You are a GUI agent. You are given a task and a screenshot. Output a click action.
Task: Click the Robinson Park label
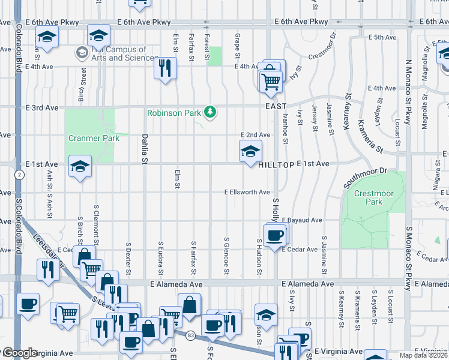174,112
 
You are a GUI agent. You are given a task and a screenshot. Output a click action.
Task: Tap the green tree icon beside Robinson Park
210,112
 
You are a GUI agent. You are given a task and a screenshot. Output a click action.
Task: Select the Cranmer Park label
94,138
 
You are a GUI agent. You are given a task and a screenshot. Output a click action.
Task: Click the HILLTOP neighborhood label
276,164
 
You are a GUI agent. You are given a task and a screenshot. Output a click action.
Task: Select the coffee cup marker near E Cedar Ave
275,235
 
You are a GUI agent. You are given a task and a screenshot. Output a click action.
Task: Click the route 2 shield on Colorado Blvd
19,175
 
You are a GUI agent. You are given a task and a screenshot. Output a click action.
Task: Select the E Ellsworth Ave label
247,193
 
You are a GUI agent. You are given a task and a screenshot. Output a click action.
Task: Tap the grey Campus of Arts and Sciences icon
81,53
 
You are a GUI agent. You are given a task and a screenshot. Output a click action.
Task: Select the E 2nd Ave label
255,135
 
